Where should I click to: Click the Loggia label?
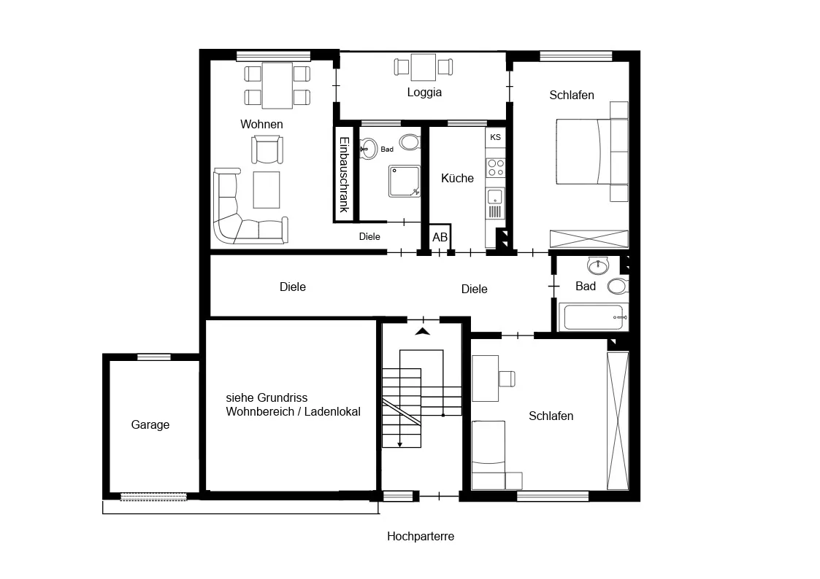click(424, 93)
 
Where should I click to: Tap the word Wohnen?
click(261, 124)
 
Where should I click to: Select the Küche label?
click(457, 178)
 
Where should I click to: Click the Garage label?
click(150, 425)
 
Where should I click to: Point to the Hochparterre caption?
click(421, 536)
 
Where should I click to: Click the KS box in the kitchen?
click(495, 137)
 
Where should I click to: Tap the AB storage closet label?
click(440, 237)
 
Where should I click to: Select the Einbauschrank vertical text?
click(344, 174)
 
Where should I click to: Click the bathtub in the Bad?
click(593, 317)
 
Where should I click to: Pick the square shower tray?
click(405, 181)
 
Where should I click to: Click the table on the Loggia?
click(423, 67)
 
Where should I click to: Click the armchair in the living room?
click(267, 149)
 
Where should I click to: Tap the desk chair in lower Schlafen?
click(507, 378)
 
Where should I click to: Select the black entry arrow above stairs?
click(423, 332)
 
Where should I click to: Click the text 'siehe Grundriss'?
click(267, 398)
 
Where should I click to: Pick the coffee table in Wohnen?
click(267, 190)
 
